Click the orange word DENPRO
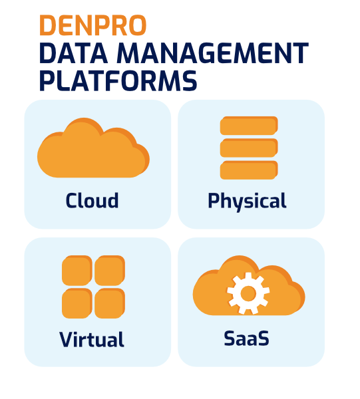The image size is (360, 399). pos(93,25)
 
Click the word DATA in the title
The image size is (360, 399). pos(74,53)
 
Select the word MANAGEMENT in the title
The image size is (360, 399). pos(213,53)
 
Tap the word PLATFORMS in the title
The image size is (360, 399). pos(118,80)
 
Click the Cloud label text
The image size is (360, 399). pos(92,201)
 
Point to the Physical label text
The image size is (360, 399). pos(248,201)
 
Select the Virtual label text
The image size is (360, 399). pos(92,339)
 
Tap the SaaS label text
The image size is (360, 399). pos(246,338)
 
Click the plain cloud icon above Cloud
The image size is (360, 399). pos(93,148)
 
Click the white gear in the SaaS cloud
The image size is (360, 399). pos(248,293)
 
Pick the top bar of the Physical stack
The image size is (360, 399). pos(249,126)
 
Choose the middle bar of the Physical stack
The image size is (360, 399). pos(249,148)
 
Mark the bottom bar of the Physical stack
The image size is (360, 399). pos(249,170)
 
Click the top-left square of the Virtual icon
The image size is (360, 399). pos(77,271)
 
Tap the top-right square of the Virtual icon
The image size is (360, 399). pos(110,271)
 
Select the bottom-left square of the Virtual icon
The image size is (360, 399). pos(77,303)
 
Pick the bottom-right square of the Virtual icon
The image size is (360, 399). pos(110,303)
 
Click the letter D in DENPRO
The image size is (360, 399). pos(49,25)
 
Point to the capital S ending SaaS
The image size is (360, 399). pos(262,338)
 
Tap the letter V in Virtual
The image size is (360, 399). pos(67,339)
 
